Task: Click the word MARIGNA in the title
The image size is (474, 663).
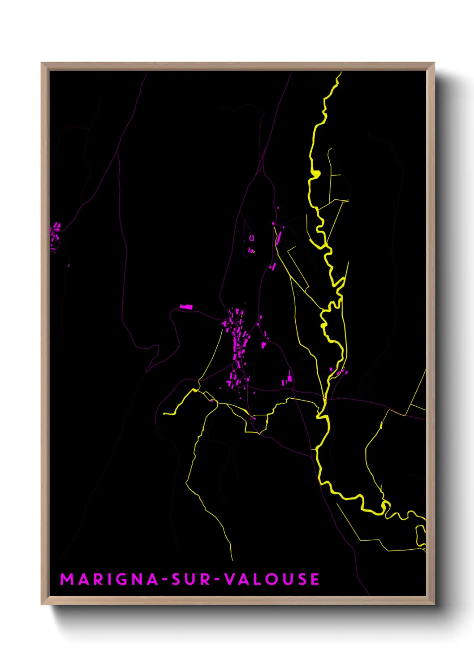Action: coord(109,579)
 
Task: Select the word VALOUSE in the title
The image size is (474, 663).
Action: coord(272,579)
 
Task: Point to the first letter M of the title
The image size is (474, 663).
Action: coord(66,579)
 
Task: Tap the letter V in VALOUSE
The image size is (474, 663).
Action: coord(229,579)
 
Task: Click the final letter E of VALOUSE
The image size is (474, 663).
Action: coord(315,579)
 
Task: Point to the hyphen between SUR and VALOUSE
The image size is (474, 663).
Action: coord(217,580)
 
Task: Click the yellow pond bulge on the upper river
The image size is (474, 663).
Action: coord(315,173)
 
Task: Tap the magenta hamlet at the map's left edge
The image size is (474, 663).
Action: coord(55,234)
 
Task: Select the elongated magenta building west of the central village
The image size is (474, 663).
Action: coord(186,307)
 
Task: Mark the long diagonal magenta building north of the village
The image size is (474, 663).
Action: coord(279,237)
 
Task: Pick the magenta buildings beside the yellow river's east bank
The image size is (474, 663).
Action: coord(340,372)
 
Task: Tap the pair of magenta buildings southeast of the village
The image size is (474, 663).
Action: coord(287,381)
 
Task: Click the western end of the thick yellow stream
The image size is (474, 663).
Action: coord(165,413)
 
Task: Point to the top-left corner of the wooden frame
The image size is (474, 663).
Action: coord(42,63)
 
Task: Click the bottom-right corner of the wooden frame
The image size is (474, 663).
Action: coord(434,604)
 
